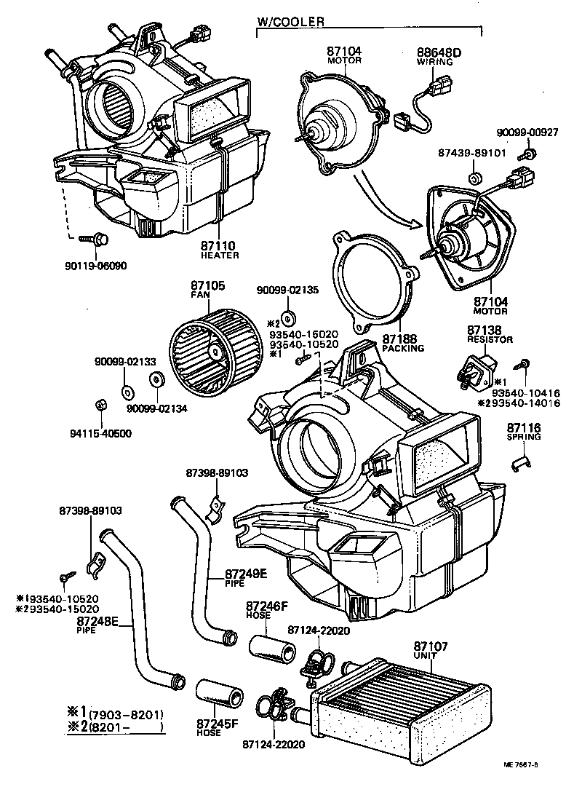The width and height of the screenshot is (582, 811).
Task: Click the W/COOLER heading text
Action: coord(290,23)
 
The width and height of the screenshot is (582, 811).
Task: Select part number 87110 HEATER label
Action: coord(220,250)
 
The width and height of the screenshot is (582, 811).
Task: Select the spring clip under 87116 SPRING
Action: coord(522,460)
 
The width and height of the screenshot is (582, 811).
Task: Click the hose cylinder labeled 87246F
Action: coord(273,648)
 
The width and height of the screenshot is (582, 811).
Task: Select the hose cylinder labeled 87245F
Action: coord(218,692)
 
